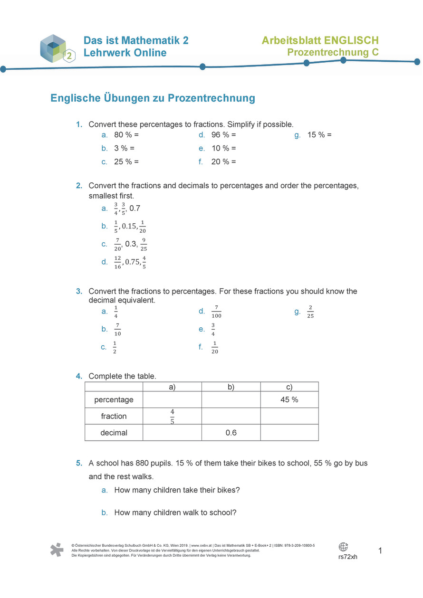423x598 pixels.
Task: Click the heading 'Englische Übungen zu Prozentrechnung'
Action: [x=153, y=98]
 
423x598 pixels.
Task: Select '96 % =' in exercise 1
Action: [x=223, y=135]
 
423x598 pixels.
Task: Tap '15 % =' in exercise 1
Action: [x=319, y=135]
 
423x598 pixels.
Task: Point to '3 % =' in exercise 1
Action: [x=125, y=148]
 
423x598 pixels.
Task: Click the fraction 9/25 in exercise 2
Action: [x=144, y=245]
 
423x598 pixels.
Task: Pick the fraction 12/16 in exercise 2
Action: [x=117, y=262]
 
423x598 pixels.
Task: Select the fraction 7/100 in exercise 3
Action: [x=217, y=312]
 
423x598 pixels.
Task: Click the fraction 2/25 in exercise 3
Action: [x=310, y=312]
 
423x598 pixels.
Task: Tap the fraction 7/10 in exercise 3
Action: [x=117, y=329]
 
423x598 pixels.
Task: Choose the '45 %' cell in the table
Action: [x=289, y=400]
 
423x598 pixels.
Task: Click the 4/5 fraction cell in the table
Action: [x=172, y=416]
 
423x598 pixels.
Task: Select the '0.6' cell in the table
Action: [x=231, y=433]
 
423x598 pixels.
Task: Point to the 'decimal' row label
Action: [x=114, y=433]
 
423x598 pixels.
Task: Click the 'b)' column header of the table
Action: [x=231, y=387]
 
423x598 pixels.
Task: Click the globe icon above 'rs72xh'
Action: [x=343, y=547]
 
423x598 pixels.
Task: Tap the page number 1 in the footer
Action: [x=380, y=551]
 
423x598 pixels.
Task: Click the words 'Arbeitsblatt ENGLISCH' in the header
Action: [x=320, y=40]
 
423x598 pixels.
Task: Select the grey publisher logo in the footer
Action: [x=57, y=550]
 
